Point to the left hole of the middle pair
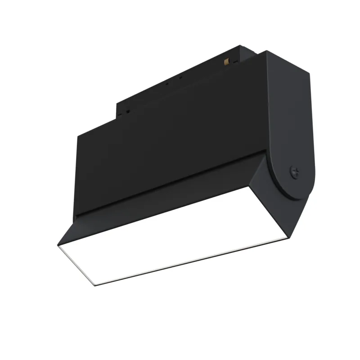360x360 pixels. tap(167, 83)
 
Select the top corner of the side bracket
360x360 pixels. tap(266, 52)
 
